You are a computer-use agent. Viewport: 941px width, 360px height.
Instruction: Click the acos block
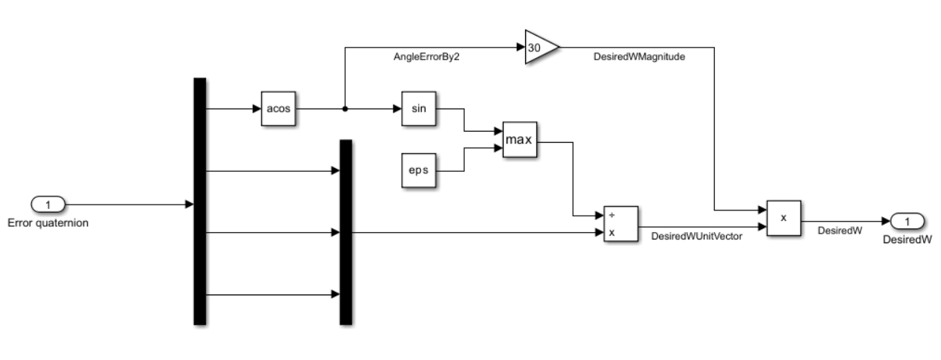point(278,109)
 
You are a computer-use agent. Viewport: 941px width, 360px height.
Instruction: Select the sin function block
point(417,109)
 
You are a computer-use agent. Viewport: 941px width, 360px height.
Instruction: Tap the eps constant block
point(417,170)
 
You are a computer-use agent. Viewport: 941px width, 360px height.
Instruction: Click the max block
point(519,140)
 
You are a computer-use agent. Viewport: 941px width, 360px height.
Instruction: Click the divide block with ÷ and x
point(620,225)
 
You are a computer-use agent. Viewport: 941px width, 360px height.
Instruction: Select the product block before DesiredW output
point(783,219)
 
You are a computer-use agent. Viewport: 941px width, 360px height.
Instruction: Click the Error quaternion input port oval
point(48,204)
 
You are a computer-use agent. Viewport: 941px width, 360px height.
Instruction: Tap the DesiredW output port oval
point(906,221)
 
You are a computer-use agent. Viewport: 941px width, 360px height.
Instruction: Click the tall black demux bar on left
point(199,202)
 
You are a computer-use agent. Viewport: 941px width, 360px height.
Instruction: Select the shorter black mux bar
point(345,232)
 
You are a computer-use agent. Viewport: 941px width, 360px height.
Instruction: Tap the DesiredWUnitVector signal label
point(696,237)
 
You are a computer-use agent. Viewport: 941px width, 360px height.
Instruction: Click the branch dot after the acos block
point(344,109)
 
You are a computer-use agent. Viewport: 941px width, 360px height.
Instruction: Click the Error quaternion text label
point(48,222)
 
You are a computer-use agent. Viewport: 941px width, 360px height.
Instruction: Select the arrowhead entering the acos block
point(256,109)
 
